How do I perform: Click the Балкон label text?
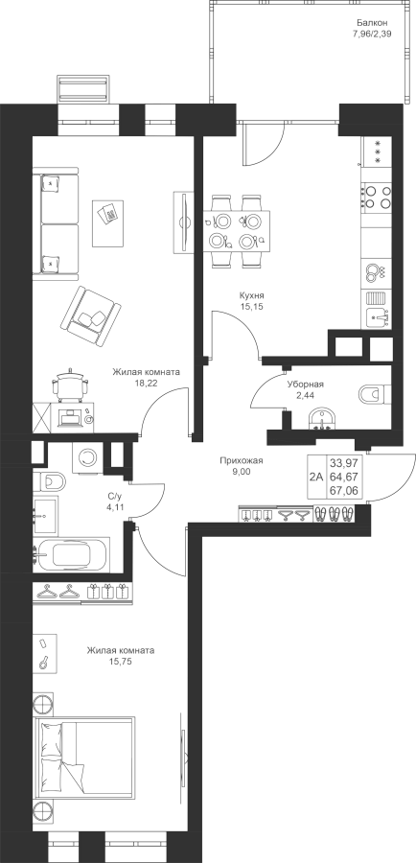pyautogui.click(x=372, y=23)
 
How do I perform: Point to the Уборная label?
pyautogui.click(x=306, y=385)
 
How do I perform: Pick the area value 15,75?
pyautogui.click(x=121, y=661)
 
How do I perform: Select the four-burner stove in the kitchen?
pyautogui.click(x=377, y=198)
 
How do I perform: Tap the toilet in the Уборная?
pyautogui.click(x=375, y=394)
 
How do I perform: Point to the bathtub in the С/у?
pyautogui.click(x=72, y=554)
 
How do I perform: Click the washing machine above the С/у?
pyautogui.click(x=86, y=456)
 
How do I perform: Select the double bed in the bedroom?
pyautogui.click(x=84, y=758)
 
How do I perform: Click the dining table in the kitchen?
pyautogui.click(x=237, y=230)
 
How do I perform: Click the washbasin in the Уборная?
pyautogui.click(x=321, y=418)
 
